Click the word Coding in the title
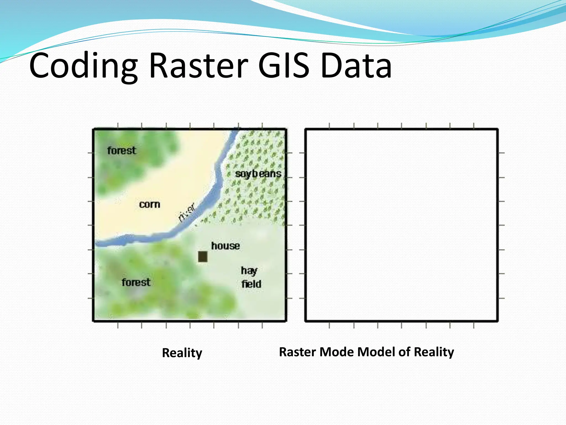tap(83, 66)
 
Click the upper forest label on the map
tap(122, 151)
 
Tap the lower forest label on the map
tap(136, 283)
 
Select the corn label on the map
tap(150, 204)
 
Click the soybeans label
tap(258, 174)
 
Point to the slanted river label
tap(187, 213)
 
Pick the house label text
tap(226, 246)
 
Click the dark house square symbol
tap(203, 256)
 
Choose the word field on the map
tap(251, 284)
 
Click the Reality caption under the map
tap(182, 353)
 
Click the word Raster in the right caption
tap(298, 352)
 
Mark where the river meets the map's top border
tap(237, 129)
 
